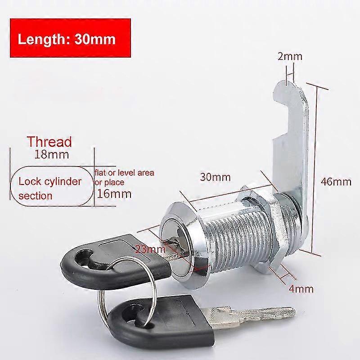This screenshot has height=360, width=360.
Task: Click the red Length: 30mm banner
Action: (71, 38)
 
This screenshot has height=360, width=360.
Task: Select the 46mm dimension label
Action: (336, 182)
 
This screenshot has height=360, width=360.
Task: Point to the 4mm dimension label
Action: (301, 288)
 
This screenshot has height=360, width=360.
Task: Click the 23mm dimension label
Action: (150, 249)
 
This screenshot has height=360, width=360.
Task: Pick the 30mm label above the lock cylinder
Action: (215, 177)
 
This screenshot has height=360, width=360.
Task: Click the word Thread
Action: (49, 142)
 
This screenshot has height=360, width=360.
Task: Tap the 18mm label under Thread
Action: (52, 154)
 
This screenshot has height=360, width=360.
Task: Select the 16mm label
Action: (114, 194)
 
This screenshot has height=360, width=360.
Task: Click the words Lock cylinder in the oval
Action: (50, 182)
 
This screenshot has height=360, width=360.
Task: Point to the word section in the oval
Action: (36, 196)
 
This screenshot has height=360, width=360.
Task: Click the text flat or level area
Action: (125, 172)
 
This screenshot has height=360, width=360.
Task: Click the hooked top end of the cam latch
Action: (288, 92)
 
